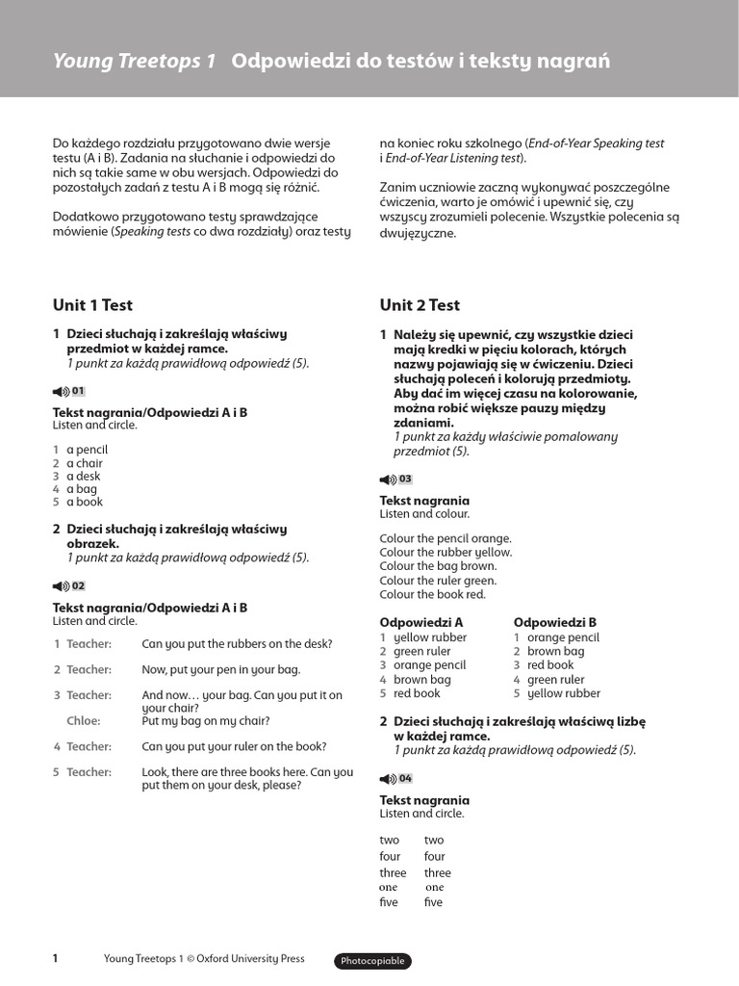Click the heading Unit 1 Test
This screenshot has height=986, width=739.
[92, 305]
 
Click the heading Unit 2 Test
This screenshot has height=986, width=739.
[420, 305]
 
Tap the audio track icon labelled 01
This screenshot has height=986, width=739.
[69, 391]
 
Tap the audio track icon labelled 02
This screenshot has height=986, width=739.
[69, 585]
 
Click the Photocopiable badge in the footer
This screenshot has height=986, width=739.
[372, 961]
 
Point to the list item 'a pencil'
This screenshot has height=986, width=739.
[87, 450]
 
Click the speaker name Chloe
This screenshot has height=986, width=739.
[83, 720]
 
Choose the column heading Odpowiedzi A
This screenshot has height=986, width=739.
[421, 622]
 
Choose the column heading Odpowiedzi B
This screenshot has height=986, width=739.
[555, 622]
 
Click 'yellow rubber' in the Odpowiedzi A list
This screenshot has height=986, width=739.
[430, 637]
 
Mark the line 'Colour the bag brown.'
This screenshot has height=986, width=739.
[438, 566]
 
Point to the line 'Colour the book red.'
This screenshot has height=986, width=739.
[432, 594]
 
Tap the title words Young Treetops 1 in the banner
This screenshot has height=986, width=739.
[134, 62]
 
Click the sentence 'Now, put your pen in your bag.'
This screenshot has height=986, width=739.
[221, 669]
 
